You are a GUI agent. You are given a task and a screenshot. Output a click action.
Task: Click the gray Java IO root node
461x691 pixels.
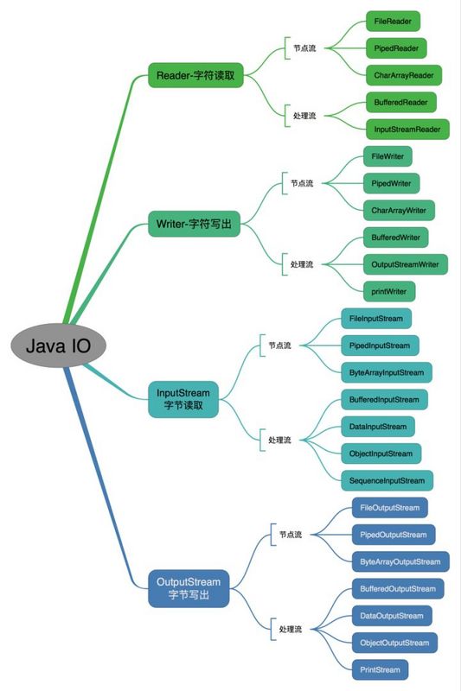[x=59, y=346]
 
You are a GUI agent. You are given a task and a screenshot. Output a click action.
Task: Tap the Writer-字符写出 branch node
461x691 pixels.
[x=195, y=224]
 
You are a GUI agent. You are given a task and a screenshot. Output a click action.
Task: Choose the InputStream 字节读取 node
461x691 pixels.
[x=182, y=399]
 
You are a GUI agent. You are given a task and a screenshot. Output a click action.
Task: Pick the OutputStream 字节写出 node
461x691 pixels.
[x=188, y=587]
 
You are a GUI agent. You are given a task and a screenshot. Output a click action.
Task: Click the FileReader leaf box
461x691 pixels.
[x=393, y=19]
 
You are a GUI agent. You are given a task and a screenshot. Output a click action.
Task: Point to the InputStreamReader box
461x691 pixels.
[x=407, y=130]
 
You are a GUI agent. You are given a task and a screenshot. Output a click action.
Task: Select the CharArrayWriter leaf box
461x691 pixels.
[x=399, y=209]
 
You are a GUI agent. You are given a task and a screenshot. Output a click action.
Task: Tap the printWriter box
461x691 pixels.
[x=388, y=291]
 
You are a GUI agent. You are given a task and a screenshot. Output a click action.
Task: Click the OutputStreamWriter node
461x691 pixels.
[x=404, y=263]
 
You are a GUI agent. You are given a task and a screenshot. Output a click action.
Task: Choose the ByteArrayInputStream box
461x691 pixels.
[x=386, y=373]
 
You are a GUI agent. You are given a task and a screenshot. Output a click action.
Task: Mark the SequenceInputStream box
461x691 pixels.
[x=387, y=480]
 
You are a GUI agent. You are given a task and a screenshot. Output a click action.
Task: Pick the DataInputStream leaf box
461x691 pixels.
[x=377, y=426]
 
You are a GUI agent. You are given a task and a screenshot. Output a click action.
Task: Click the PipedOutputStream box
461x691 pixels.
[x=392, y=534]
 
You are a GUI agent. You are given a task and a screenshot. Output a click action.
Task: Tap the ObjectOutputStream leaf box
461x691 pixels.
[x=394, y=643]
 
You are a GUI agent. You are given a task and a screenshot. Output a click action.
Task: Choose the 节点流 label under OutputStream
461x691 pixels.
[x=291, y=535]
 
